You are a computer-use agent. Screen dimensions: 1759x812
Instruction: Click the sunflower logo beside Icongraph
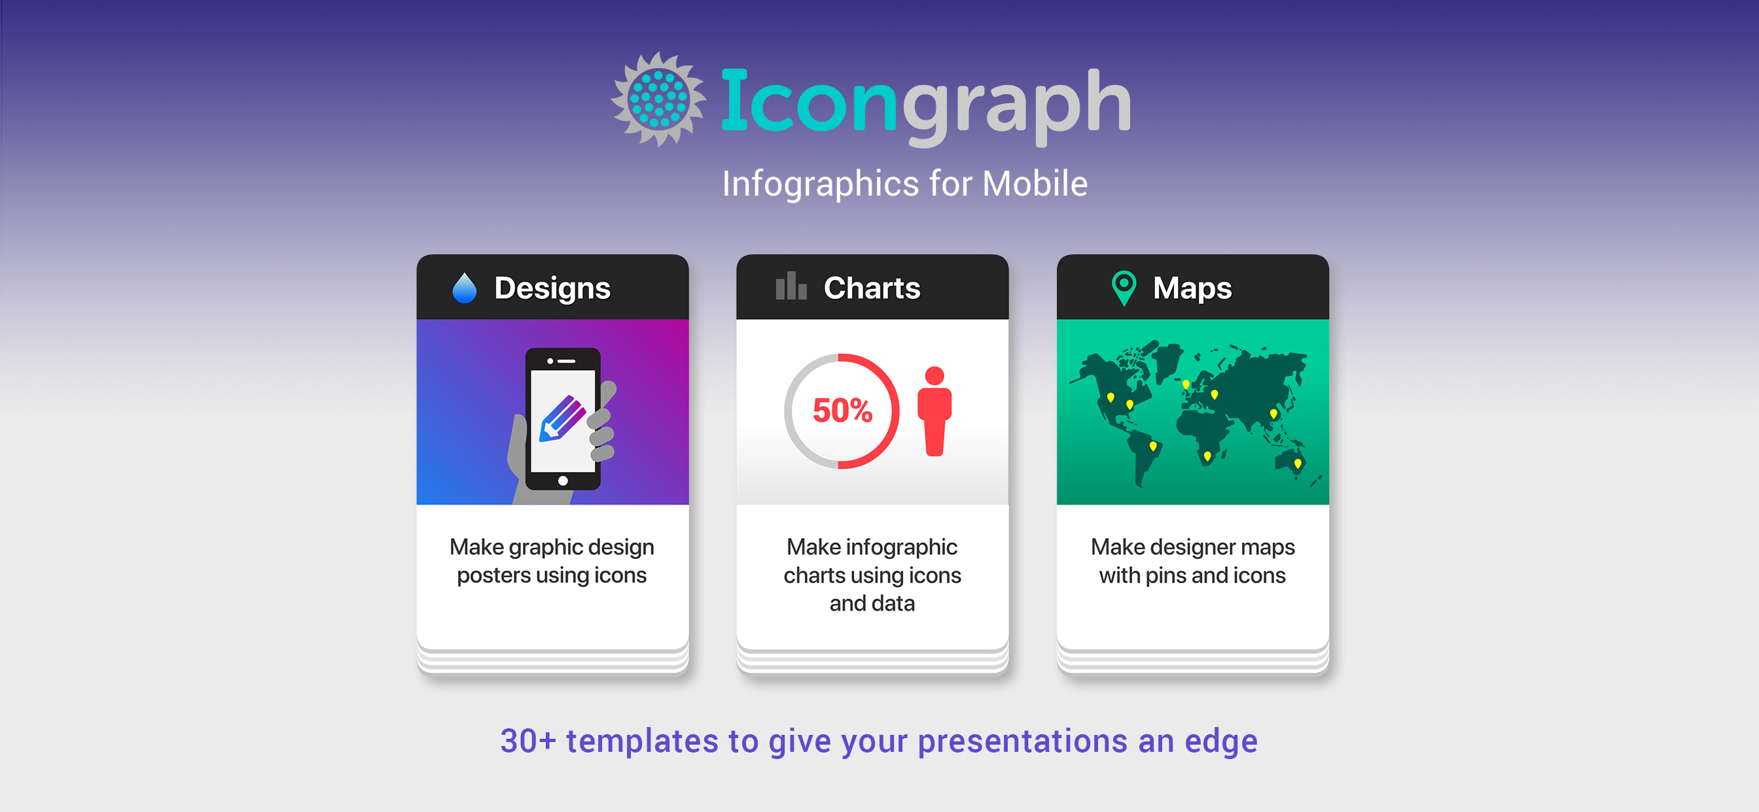click(x=658, y=99)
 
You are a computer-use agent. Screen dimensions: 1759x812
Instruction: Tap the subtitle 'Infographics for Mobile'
click(x=905, y=184)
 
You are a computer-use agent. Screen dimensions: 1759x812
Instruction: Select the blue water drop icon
click(x=465, y=288)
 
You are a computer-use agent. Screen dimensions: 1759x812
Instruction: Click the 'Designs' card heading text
click(x=552, y=288)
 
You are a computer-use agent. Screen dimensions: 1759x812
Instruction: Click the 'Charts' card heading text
click(x=872, y=288)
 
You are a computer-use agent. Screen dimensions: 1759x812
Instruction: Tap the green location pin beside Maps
click(x=1124, y=288)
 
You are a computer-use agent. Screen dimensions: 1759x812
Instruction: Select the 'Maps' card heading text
click(x=1192, y=288)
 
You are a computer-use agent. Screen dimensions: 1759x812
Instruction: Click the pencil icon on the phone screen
click(x=563, y=418)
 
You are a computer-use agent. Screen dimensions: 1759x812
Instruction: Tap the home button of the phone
click(x=563, y=481)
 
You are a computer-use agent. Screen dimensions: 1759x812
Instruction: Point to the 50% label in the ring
click(x=842, y=411)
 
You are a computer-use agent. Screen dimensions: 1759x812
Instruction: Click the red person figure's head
click(x=934, y=376)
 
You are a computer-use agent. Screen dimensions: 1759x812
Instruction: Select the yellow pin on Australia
click(x=1298, y=464)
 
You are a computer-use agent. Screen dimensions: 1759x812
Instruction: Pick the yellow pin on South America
click(x=1153, y=447)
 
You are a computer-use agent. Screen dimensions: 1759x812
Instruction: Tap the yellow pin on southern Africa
click(x=1207, y=456)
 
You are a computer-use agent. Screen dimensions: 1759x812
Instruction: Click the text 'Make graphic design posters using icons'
click(x=552, y=561)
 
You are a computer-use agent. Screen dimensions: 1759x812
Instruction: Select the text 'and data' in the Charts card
click(x=872, y=604)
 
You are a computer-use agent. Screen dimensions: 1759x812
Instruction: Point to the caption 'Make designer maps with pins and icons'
click(x=1192, y=561)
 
